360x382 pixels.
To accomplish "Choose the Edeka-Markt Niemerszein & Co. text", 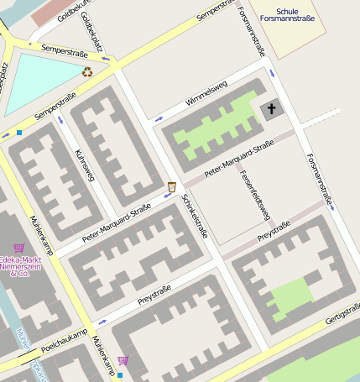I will [x=15, y=266].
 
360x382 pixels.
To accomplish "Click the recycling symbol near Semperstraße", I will [x=87, y=72].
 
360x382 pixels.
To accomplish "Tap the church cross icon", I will [x=270, y=109].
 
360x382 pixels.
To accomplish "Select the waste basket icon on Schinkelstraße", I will [x=171, y=186].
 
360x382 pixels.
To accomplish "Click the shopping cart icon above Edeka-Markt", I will [x=18, y=248].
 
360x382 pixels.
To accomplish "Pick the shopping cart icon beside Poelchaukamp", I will [x=123, y=361].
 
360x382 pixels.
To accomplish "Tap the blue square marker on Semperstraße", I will [x=19, y=132].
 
